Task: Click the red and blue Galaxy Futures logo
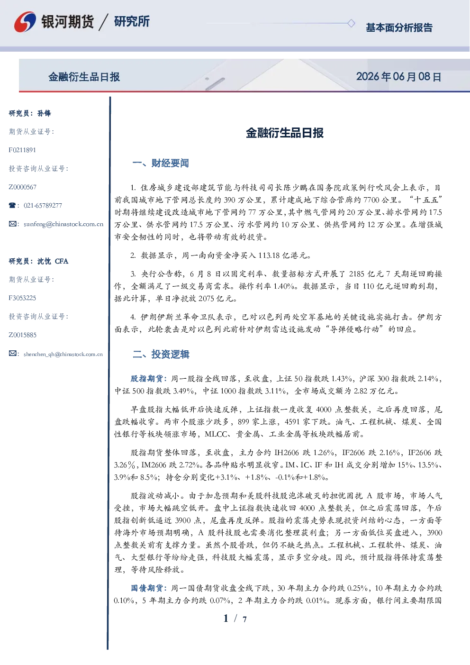pyautogui.click(x=25, y=22)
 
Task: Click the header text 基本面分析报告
pyautogui.click(x=399, y=27)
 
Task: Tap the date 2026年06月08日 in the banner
pyautogui.click(x=399, y=77)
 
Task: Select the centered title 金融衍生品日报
pyautogui.click(x=285, y=133)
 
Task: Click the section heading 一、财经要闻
pyautogui.click(x=161, y=163)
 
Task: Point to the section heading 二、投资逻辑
pyautogui.click(x=161, y=354)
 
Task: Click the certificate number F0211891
pyautogui.click(x=22, y=150)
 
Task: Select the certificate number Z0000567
pyautogui.click(x=23, y=187)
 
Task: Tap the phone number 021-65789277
pyautogui.click(x=43, y=205)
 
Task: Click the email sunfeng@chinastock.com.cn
pyautogui.click(x=63, y=224)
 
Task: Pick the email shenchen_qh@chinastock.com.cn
pyautogui.click(x=63, y=354)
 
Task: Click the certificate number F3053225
pyautogui.click(x=22, y=298)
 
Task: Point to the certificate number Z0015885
pyautogui.click(x=23, y=335)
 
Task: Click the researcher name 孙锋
pyautogui.click(x=44, y=113)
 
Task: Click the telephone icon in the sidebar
pyautogui.click(x=12, y=205)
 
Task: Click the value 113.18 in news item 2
pyautogui.click(x=269, y=255)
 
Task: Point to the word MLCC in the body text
pyautogui.click(x=216, y=434)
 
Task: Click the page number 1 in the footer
pyautogui.click(x=226, y=619)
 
